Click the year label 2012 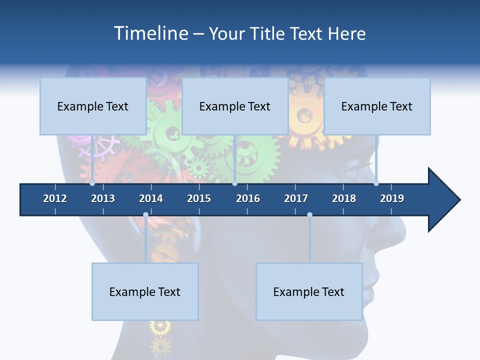click(55, 198)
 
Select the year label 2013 click(103, 198)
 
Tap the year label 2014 click(151, 198)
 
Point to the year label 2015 click(199, 198)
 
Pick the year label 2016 click(248, 198)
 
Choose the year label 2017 click(296, 198)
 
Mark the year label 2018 click(344, 198)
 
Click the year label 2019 click(392, 198)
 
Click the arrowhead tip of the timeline click(459, 200)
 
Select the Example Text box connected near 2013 click(93, 106)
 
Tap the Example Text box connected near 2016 click(235, 106)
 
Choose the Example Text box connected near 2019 click(377, 106)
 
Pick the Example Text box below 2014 click(145, 292)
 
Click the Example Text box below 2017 click(309, 292)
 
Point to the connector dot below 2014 click(145, 214)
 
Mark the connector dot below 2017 click(309, 214)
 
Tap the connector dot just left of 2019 click(376, 183)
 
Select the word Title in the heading click(269, 33)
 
